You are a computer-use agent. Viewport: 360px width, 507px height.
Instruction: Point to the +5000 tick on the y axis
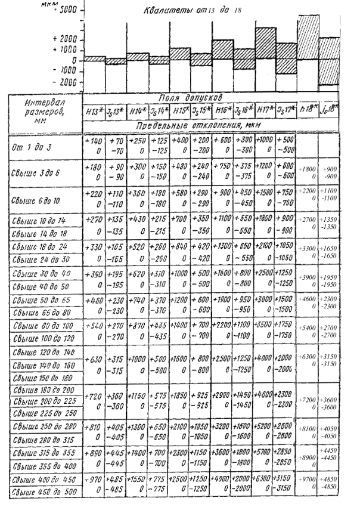point(65,10)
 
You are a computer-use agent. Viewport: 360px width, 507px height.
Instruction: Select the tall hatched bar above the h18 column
point(308,36)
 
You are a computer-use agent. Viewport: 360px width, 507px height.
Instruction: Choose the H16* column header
point(222,112)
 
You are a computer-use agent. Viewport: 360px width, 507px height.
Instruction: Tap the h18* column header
point(308,112)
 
